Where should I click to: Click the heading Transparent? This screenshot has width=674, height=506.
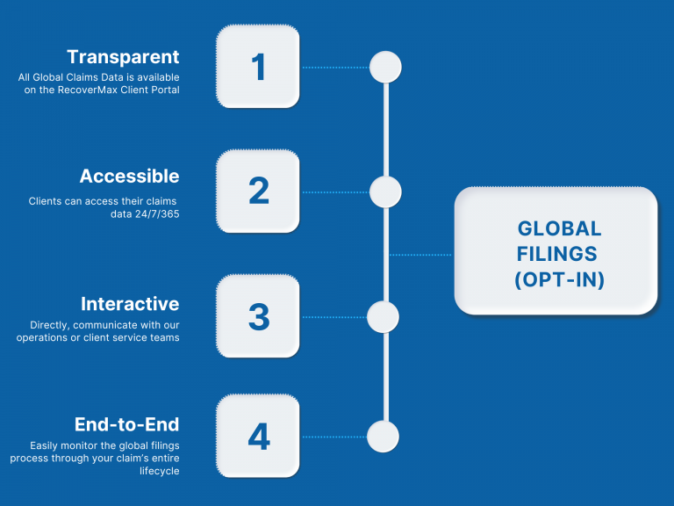[123, 57]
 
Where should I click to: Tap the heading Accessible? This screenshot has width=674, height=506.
[129, 176]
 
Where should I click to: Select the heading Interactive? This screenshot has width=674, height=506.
[130, 304]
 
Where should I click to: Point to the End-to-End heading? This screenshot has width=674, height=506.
[126, 424]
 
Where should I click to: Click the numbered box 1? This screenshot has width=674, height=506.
[258, 66]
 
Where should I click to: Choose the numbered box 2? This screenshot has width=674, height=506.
[258, 191]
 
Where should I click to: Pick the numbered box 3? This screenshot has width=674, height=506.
[258, 316]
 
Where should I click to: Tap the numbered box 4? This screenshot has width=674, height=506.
[258, 436]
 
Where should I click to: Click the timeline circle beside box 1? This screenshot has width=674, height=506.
[385, 67]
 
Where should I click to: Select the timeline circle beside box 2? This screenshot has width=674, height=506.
[385, 192]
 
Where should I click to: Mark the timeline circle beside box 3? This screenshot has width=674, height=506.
[383, 317]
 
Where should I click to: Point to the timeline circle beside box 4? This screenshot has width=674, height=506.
[383, 437]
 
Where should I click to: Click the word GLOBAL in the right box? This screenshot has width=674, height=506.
[559, 228]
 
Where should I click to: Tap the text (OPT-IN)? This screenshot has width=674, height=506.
[559, 279]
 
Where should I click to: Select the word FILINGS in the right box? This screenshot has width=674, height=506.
[556, 254]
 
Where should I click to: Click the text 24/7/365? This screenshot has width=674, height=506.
[157, 213]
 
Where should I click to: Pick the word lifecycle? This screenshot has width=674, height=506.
[160, 471]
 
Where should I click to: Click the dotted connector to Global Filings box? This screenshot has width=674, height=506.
[420, 255]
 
